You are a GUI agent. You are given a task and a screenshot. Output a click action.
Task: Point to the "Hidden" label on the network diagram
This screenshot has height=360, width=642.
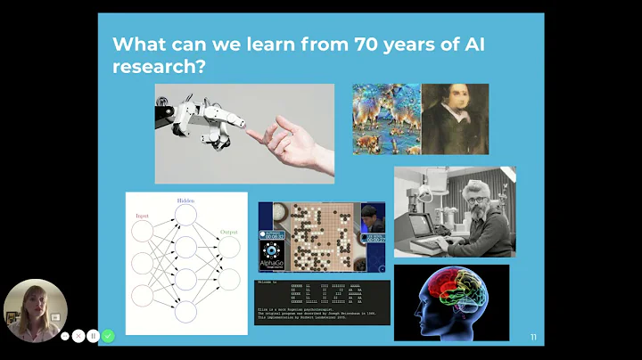pos(185,200)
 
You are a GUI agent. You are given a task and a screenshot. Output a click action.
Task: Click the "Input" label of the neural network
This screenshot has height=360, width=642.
pos(143,216)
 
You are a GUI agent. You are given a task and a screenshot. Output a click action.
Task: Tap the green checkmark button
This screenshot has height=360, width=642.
pos(108,336)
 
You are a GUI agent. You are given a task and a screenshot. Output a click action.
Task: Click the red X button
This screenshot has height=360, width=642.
pos(78,336)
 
